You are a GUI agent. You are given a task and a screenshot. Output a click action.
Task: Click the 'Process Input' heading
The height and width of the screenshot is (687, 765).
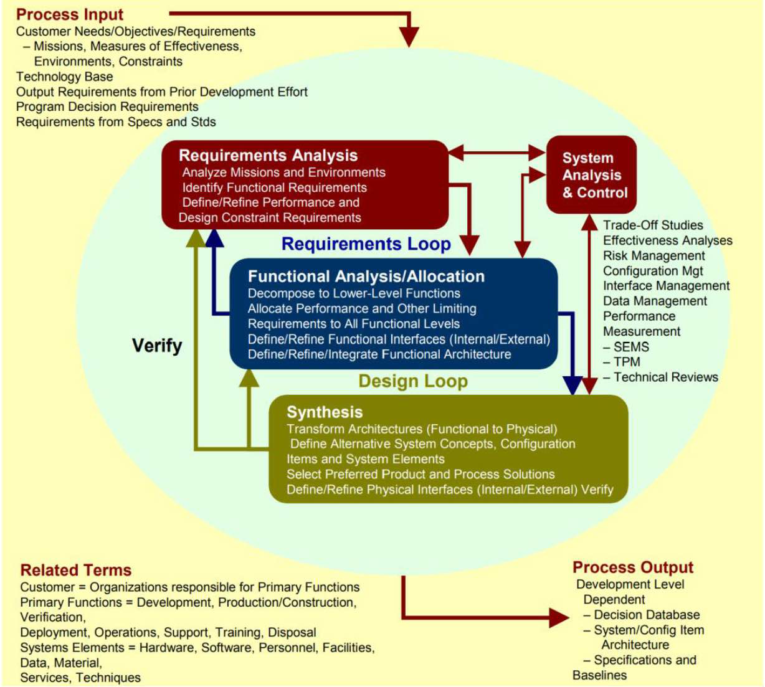(x=70, y=14)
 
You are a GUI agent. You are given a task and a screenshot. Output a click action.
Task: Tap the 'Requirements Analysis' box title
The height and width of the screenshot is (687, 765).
(x=268, y=156)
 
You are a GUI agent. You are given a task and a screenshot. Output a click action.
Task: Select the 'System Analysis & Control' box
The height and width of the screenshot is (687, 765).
(x=591, y=175)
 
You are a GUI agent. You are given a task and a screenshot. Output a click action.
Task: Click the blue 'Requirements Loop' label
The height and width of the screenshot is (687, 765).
(x=366, y=244)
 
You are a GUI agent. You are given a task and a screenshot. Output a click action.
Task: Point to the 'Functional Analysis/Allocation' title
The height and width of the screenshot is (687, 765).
(x=366, y=277)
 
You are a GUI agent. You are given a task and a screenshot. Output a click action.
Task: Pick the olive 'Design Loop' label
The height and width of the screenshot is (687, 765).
(x=412, y=381)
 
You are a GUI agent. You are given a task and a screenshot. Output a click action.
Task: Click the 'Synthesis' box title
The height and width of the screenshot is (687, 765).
(x=324, y=412)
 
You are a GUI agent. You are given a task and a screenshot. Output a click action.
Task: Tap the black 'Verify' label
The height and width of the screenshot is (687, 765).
(x=157, y=346)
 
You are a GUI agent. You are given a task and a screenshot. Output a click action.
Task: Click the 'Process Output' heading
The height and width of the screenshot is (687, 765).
(x=632, y=567)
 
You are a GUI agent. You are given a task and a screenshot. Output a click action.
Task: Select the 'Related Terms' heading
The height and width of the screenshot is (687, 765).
(x=76, y=570)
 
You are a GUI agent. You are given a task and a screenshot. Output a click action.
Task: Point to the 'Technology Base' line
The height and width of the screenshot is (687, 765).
(x=65, y=77)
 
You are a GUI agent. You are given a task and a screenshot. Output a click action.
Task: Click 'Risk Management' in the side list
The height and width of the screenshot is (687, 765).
(x=653, y=256)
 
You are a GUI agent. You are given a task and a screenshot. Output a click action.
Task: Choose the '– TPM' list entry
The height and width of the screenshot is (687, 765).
(x=622, y=362)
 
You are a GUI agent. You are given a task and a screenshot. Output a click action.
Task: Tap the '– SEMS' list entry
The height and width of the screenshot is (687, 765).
(x=626, y=347)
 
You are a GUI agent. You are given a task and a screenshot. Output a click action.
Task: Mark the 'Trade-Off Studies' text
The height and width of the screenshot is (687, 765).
(x=653, y=225)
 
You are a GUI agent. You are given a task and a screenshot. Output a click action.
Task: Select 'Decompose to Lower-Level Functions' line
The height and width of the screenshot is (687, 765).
(x=354, y=293)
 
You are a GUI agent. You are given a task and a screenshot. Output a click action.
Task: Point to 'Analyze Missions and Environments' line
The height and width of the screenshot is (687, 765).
(x=283, y=173)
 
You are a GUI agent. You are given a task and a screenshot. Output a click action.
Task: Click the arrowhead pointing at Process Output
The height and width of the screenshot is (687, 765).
(x=558, y=617)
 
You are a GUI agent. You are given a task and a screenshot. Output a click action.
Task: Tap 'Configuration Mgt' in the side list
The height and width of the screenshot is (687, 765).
(x=653, y=271)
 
